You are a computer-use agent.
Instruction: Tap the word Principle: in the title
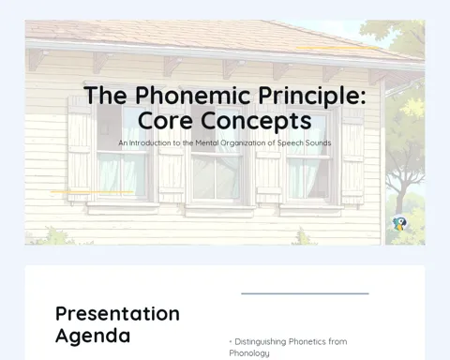312,96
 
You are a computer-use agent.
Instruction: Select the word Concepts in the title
256,121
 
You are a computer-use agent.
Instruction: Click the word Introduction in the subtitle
150,143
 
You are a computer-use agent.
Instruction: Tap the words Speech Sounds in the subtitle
304,143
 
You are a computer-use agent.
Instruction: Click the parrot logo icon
399,223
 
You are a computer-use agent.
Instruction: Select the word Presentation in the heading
117,314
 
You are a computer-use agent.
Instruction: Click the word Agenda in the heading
93,337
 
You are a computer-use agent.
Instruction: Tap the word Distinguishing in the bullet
261,342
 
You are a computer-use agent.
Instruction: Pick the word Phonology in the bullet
249,353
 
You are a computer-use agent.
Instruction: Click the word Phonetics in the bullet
307,341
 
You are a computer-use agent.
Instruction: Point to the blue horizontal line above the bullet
305,293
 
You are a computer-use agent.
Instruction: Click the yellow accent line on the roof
337,48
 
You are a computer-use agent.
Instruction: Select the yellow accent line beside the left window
92,192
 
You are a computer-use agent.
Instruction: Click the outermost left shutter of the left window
80,149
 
